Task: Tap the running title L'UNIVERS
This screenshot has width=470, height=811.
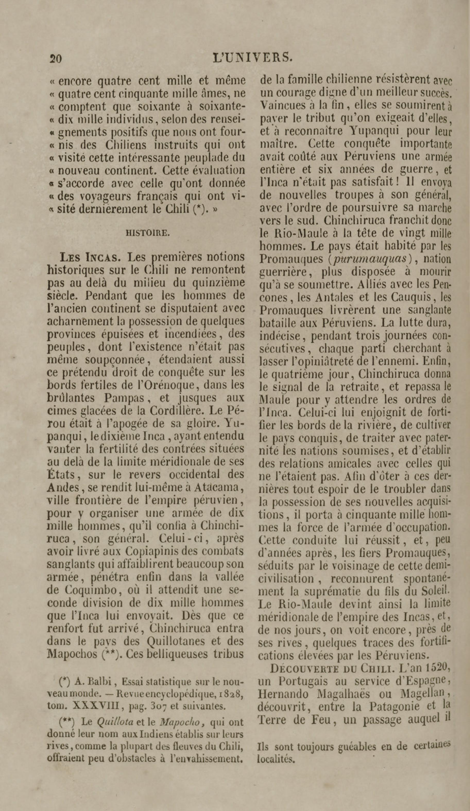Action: coord(253,57)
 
